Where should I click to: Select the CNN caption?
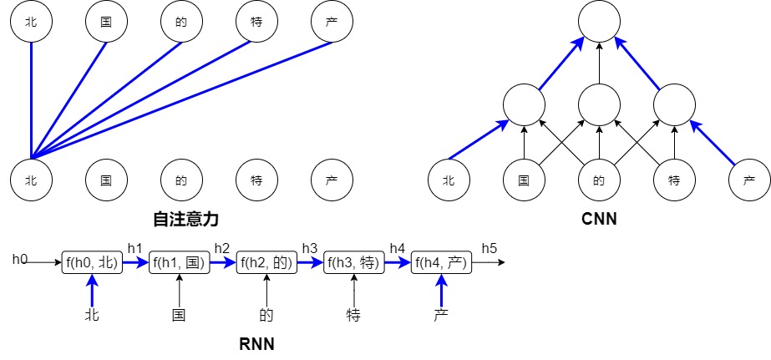point(599,220)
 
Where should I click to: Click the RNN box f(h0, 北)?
point(92,263)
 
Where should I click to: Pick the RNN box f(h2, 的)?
point(266,263)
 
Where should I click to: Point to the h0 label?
point(20,260)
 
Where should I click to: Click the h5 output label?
point(489,248)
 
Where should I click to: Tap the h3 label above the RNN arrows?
point(309,248)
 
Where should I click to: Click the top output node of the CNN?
point(599,23)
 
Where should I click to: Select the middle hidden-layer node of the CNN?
point(599,104)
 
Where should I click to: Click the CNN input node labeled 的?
point(599,180)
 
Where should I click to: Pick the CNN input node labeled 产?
point(749,180)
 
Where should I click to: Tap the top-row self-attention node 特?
point(256,23)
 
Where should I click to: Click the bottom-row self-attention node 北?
point(31,180)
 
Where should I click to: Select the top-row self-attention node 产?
point(332,23)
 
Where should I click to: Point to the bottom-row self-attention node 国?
point(106,180)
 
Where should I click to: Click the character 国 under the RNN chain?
point(179,316)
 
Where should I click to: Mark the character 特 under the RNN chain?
point(354,316)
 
